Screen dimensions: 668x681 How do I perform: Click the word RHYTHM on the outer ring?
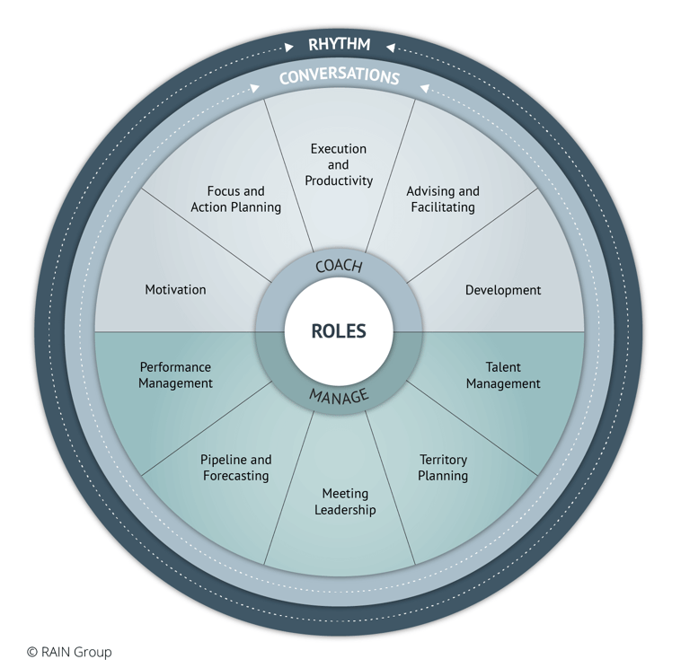point(339,44)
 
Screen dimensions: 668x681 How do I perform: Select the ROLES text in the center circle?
point(339,330)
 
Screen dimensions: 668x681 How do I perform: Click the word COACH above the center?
point(339,267)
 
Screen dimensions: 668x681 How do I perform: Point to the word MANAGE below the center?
point(339,394)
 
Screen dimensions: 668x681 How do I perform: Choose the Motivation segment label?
point(175,289)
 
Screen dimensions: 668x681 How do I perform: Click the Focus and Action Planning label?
point(235,199)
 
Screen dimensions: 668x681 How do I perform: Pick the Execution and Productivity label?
point(339,164)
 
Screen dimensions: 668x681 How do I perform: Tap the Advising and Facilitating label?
point(442,199)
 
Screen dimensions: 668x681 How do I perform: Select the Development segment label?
point(503,290)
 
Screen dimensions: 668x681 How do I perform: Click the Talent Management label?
point(503,375)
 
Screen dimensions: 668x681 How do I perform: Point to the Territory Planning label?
point(443,467)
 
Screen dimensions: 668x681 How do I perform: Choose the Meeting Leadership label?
point(345,502)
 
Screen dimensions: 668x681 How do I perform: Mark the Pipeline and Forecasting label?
point(235,467)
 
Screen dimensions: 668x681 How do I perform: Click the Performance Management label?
point(175,375)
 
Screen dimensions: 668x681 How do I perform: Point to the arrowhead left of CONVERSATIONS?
point(256,88)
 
